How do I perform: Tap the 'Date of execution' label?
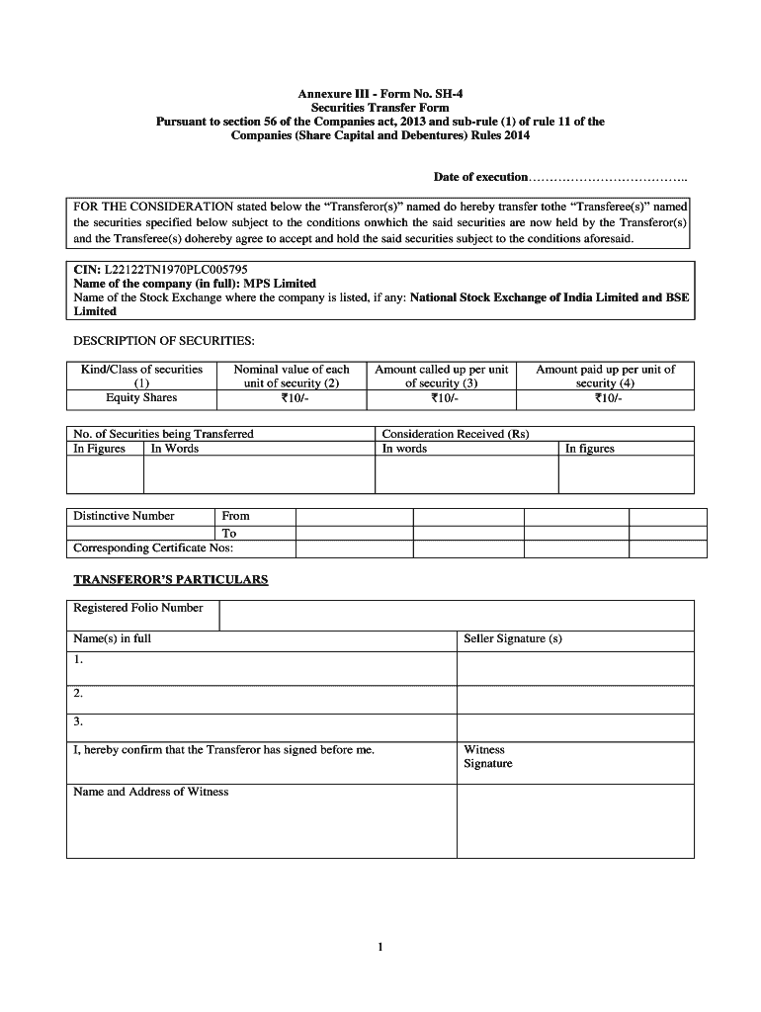[x=480, y=177]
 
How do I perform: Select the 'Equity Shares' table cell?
[x=141, y=398]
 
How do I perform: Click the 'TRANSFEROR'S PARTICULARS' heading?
[x=170, y=579]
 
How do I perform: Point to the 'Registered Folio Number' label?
[x=138, y=608]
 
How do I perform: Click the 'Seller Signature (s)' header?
[x=513, y=638]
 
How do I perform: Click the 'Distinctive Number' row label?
[x=125, y=516]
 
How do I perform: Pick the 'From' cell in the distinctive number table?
[x=236, y=516]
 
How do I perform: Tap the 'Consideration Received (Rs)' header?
[x=456, y=434]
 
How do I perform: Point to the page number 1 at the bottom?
[x=380, y=948]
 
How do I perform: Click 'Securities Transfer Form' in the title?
[x=380, y=108]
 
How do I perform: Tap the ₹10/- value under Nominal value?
[x=291, y=398]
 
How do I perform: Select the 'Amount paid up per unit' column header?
[x=605, y=376]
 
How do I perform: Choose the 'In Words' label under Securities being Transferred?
[x=175, y=449]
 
